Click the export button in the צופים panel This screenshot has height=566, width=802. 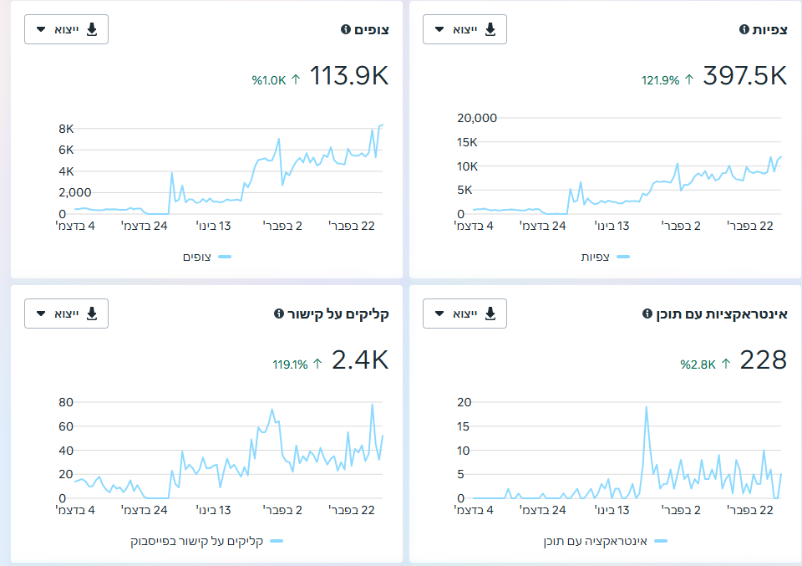(67, 29)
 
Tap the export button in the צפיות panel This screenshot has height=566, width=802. (465, 29)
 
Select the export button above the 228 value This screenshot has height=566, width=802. (465, 314)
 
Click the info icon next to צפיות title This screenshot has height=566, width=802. (744, 29)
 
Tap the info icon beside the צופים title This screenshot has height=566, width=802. (346, 29)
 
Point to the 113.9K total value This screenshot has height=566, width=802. (349, 76)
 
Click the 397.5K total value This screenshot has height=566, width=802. (744, 76)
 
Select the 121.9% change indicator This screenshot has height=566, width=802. (667, 80)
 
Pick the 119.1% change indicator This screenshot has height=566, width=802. (297, 365)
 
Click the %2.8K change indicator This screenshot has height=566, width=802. (705, 365)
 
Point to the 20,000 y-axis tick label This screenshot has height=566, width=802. (477, 118)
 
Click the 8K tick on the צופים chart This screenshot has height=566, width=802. (66, 129)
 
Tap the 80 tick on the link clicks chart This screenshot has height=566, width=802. (66, 402)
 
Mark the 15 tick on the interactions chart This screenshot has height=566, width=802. (463, 426)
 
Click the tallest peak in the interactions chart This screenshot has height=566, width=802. (647, 407)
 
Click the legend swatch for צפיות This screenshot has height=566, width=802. (623, 257)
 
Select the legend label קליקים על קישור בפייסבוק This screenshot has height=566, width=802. (197, 541)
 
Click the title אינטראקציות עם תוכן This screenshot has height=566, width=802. (722, 314)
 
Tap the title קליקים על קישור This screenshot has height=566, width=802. (338, 314)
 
